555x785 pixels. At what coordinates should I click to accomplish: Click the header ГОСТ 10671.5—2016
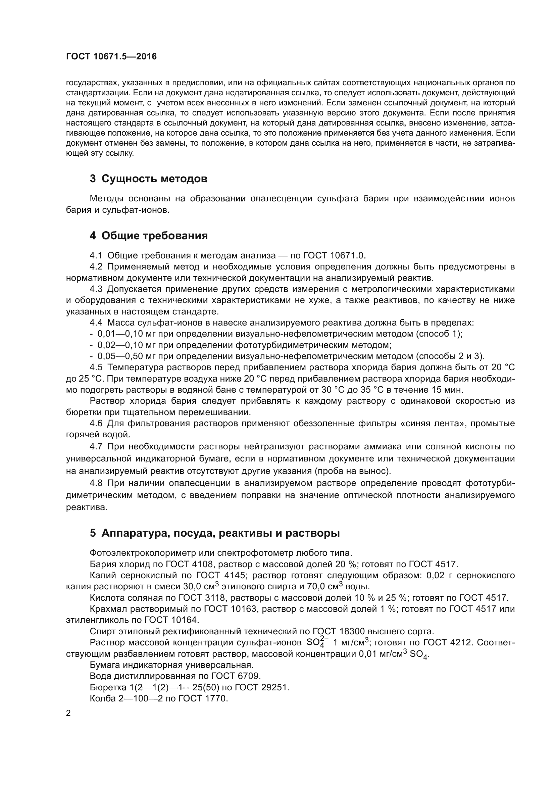[111, 56]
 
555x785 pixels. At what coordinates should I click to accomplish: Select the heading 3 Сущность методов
[148, 179]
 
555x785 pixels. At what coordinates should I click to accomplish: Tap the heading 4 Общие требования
[149, 236]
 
